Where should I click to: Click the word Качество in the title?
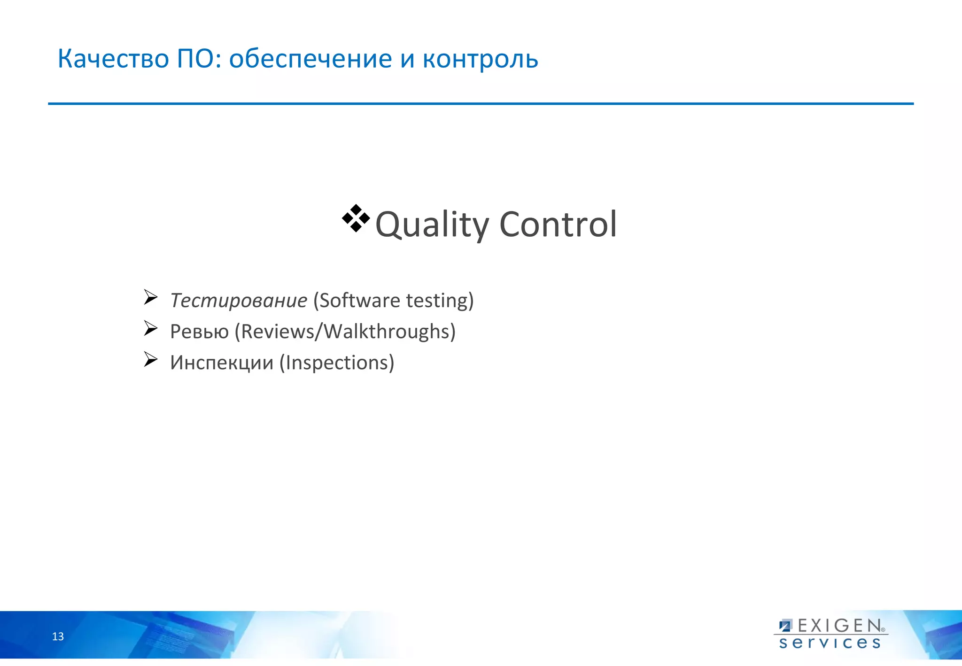click(113, 59)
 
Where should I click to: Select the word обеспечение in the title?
click(310, 60)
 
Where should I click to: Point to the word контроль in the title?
click(480, 60)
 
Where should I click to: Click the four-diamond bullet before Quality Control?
click(356, 218)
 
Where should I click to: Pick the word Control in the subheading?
click(558, 224)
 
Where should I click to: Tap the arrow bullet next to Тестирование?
click(150, 297)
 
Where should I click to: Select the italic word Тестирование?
click(239, 301)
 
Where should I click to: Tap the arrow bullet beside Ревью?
click(150, 328)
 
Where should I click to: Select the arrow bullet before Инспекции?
click(150, 359)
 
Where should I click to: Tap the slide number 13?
click(58, 636)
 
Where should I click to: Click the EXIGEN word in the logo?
click(839, 626)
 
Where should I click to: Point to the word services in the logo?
click(830, 643)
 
